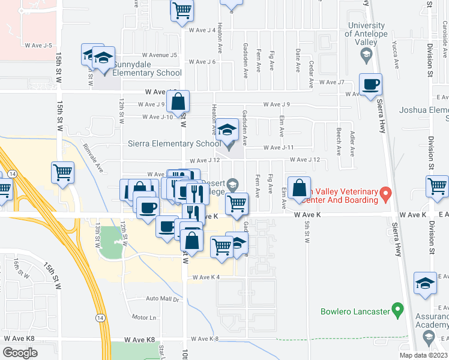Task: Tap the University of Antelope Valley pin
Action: click(366, 56)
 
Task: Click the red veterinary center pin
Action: click(387, 194)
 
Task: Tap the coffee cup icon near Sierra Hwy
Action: click(371, 85)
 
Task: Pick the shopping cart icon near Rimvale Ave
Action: click(62, 173)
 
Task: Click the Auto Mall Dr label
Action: click(162, 298)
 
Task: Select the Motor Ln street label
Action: click(144, 317)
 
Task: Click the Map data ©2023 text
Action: click(423, 355)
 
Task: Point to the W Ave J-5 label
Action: click(39, 45)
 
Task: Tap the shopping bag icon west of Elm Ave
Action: click(299, 188)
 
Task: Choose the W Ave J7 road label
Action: click(332, 82)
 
